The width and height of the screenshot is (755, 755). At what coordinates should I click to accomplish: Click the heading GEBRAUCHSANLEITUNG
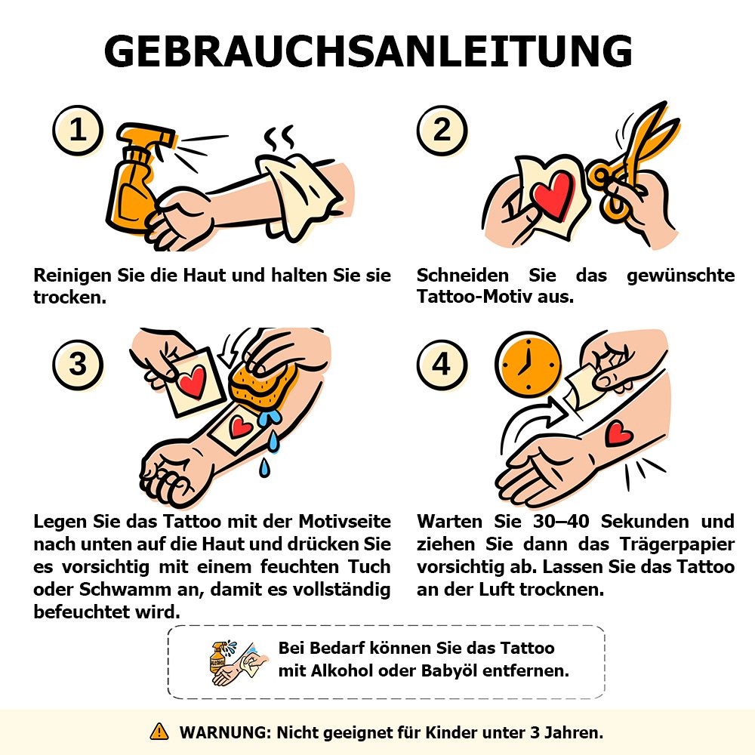pyautogui.click(x=368, y=51)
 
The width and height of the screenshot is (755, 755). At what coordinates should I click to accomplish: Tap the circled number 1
pyautogui.click(x=78, y=131)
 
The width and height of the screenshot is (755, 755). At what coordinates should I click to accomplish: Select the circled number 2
pyautogui.click(x=442, y=131)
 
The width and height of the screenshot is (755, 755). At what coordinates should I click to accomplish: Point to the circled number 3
pyautogui.click(x=78, y=365)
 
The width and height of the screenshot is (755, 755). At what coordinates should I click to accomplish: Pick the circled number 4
pyautogui.click(x=442, y=365)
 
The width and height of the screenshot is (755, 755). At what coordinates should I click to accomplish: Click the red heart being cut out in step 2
pyautogui.click(x=553, y=193)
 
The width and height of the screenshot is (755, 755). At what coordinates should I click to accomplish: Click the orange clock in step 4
pyautogui.click(x=528, y=365)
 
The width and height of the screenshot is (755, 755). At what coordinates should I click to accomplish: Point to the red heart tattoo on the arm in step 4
pyautogui.click(x=618, y=433)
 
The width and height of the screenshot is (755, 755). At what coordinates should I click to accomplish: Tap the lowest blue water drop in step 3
pyautogui.click(x=264, y=467)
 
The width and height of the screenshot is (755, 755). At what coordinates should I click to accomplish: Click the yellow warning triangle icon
pyautogui.click(x=159, y=732)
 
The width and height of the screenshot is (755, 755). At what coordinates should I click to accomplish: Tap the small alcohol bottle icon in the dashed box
pyautogui.click(x=218, y=658)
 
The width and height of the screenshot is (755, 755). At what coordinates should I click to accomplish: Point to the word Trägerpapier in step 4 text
pyautogui.click(x=676, y=544)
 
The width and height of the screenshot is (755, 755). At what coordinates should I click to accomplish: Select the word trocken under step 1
pyautogui.click(x=69, y=297)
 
